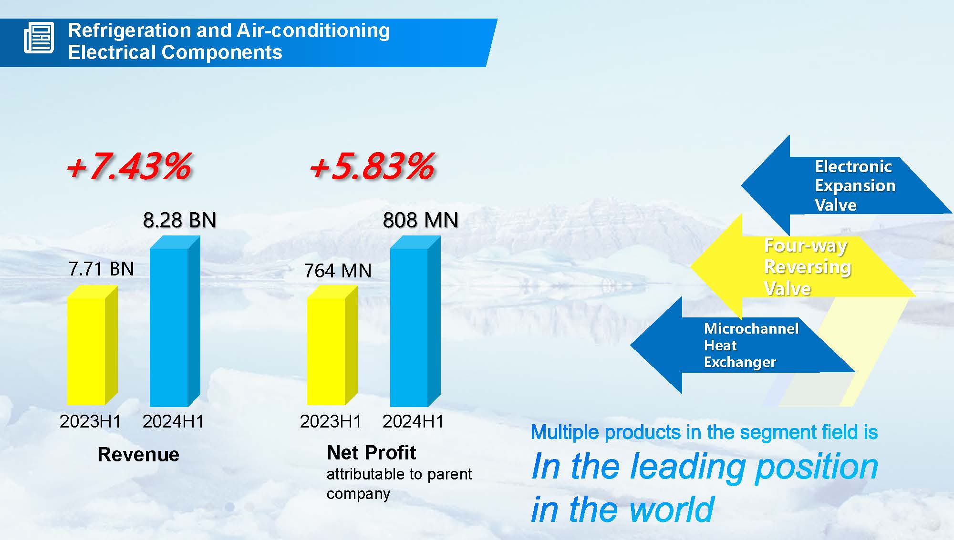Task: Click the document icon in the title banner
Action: tap(39, 38)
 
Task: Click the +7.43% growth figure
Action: tap(129, 166)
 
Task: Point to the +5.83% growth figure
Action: tap(372, 166)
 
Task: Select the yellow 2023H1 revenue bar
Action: tap(92, 345)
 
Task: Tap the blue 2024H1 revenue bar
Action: tap(175, 321)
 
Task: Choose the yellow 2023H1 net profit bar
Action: tap(332, 345)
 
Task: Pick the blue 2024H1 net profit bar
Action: tap(415, 321)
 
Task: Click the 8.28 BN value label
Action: tap(180, 220)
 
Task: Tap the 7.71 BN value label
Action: tap(101, 269)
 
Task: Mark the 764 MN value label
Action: tap(338, 271)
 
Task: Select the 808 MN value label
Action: tap(421, 220)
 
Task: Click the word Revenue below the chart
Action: tap(138, 454)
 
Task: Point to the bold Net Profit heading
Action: tap(372, 452)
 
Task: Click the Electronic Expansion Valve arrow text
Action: tap(855, 185)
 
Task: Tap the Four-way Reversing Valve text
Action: tap(808, 267)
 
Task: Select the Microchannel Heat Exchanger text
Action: tap(751, 345)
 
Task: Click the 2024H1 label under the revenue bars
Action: tap(173, 421)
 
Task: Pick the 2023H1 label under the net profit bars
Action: tap(331, 421)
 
